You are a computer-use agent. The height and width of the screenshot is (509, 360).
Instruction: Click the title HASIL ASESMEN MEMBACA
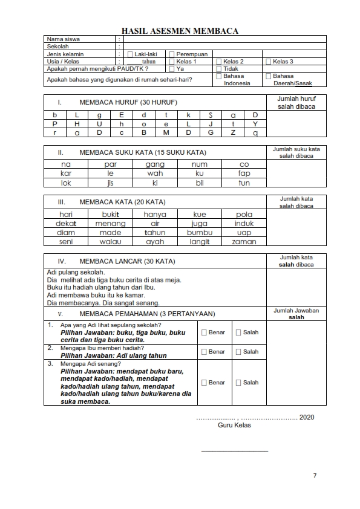pyautogui.click(x=180, y=31)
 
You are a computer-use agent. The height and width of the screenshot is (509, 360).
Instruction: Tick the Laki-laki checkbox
pyautogui.click(x=130, y=54)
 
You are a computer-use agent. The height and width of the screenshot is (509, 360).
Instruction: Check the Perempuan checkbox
pyautogui.click(x=172, y=54)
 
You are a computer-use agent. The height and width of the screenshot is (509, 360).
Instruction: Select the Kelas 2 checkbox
pyautogui.click(x=219, y=62)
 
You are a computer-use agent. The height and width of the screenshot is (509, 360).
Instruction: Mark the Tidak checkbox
pyautogui.click(x=219, y=69)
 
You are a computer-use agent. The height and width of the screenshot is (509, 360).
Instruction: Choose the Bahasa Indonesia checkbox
pyautogui.click(x=219, y=77)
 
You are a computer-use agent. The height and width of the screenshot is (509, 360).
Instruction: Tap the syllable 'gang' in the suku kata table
pyautogui.click(x=155, y=164)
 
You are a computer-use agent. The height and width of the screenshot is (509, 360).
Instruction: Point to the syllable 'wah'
pyautogui.click(x=155, y=173)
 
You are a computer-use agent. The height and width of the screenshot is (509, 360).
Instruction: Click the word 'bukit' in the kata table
pyautogui.click(x=110, y=215)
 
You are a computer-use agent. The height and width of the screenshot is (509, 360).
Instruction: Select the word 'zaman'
pyautogui.click(x=244, y=242)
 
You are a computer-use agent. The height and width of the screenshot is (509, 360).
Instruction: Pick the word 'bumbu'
pyautogui.click(x=200, y=233)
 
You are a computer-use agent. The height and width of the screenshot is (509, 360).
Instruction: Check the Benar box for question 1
pyautogui.click(x=204, y=332)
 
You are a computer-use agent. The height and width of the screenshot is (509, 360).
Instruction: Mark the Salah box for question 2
pyautogui.click(x=238, y=352)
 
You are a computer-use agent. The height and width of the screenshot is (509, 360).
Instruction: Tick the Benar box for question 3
pyautogui.click(x=204, y=383)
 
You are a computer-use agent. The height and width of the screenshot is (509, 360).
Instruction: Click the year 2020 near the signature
pyautogui.click(x=307, y=417)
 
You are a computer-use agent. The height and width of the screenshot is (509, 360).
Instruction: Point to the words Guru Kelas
pyautogui.click(x=234, y=425)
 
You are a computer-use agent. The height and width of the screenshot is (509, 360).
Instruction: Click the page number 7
pyautogui.click(x=315, y=476)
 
